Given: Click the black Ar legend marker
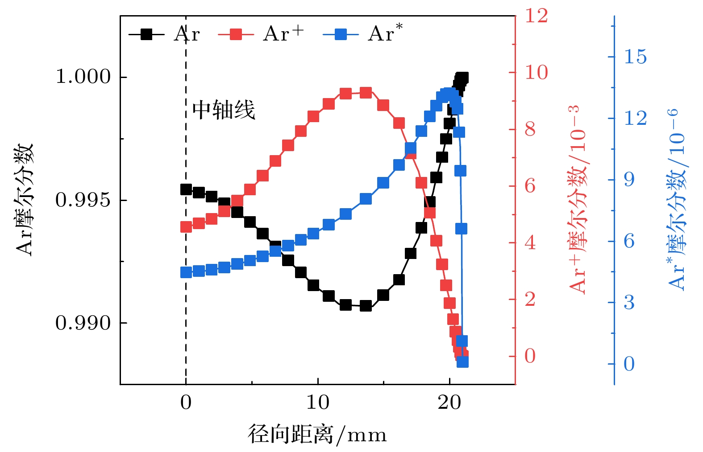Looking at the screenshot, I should tap(146, 34).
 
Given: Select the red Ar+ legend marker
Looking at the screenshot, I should tap(236, 34).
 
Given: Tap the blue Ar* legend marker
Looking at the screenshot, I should tap(341, 34).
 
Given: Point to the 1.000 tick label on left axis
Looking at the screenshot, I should tap(83, 77).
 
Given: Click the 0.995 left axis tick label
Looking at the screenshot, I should tap(83, 200).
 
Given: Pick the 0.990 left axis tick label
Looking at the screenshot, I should tap(83, 323).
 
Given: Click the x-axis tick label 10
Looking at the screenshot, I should tap(317, 403).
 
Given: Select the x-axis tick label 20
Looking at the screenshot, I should tap(449, 403).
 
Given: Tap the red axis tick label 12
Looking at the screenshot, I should tap(536, 16).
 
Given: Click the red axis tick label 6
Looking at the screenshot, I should tap(530, 186).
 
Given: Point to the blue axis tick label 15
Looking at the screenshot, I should tap(635, 57).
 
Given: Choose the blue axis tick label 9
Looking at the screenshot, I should tap(629, 180).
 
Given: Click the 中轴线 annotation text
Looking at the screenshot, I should tap(224, 110).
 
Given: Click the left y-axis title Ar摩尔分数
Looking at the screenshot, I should tap(25, 200).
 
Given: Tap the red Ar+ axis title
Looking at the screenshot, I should tap(578, 200).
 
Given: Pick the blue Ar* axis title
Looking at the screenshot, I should tap(677, 200).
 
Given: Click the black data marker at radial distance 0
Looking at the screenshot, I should tap(186, 190).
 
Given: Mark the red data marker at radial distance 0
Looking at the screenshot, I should tap(186, 227).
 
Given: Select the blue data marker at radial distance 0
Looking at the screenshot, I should tap(186, 272).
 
